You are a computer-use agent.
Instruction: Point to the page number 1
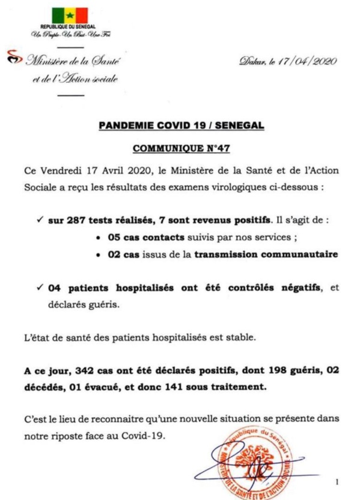[338, 481]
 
